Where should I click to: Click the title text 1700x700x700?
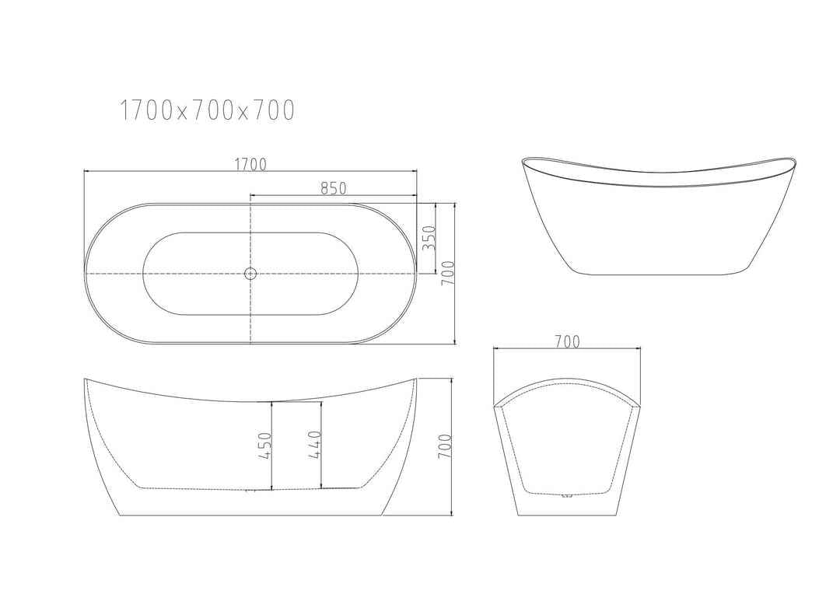point(207,111)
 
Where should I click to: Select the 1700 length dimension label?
point(250,164)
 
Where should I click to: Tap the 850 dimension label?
point(333,187)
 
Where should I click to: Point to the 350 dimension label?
point(427,237)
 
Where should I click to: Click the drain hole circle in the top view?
point(250,273)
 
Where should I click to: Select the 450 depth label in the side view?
point(264,446)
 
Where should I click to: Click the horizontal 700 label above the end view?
point(568,341)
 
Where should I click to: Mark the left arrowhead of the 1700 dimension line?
point(87,172)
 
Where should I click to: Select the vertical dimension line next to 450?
point(271,446)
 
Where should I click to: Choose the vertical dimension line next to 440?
point(322,446)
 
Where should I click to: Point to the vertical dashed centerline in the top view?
point(250,311)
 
